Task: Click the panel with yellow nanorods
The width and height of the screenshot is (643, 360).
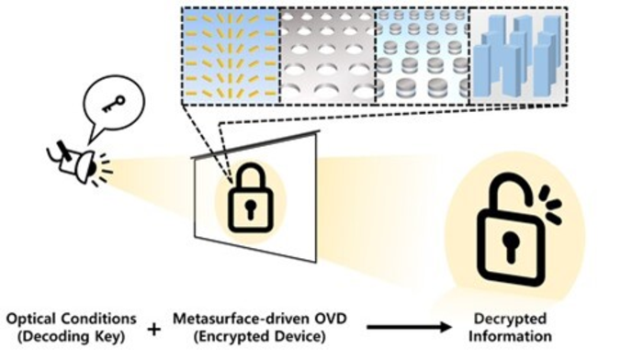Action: [230, 52]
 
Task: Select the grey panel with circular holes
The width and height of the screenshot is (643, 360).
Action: [326, 52]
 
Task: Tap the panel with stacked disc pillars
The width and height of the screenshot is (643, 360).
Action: [423, 52]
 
